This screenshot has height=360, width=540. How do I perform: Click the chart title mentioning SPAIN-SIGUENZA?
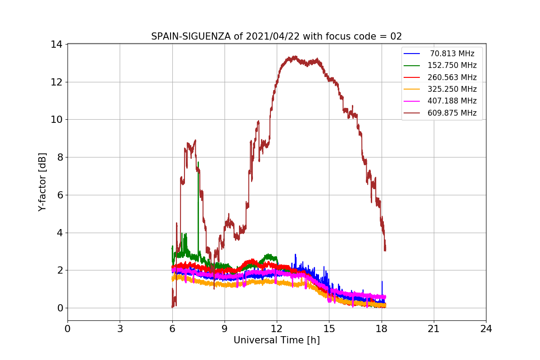[x=276, y=36]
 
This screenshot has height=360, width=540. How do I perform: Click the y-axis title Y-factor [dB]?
[x=42, y=182]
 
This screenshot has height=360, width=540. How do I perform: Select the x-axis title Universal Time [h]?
[x=276, y=341]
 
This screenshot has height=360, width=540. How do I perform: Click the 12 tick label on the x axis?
[x=276, y=328]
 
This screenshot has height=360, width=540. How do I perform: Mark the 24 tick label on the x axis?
[x=486, y=328]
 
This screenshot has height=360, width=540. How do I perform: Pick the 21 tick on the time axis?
[x=433, y=328]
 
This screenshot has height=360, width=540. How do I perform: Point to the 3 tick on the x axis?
[x=120, y=328]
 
